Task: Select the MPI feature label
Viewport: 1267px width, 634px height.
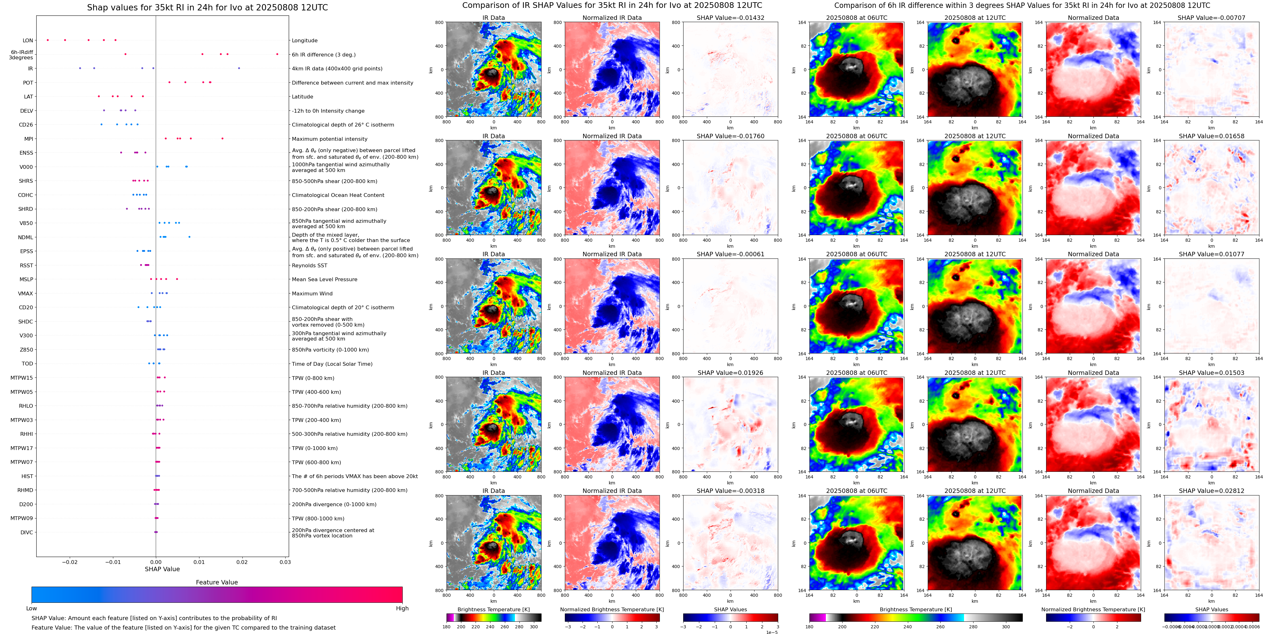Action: (x=28, y=139)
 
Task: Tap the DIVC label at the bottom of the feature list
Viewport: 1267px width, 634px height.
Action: (x=27, y=532)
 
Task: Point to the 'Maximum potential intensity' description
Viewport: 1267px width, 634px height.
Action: (x=329, y=139)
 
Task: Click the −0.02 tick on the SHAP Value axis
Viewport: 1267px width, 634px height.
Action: (x=69, y=562)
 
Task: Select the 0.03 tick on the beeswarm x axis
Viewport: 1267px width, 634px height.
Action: (x=285, y=562)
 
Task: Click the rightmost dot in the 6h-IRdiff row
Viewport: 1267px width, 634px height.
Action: (x=277, y=54)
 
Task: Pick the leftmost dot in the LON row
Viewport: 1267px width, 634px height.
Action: (x=48, y=40)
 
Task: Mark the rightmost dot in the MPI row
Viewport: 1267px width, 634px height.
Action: (x=222, y=138)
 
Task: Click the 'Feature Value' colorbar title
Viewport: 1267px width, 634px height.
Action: (x=216, y=582)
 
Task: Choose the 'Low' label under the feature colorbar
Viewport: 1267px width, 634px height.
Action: (x=32, y=608)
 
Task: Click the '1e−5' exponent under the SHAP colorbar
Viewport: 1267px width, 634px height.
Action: (x=771, y=632)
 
